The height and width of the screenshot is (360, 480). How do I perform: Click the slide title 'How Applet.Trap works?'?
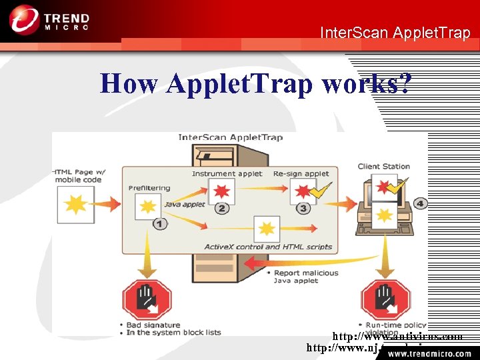[256, 84]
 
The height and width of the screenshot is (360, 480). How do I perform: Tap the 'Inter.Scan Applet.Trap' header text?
[395, 32]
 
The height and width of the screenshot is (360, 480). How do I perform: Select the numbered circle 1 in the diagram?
[160, 224]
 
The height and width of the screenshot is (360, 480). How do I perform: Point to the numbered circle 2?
[222, 208]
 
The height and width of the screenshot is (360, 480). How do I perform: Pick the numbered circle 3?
[304, 208]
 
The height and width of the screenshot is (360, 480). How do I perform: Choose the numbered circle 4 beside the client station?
[420, 203]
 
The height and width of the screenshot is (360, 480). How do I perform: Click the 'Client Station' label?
[383, 167]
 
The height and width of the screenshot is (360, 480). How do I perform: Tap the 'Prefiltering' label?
[149, 188]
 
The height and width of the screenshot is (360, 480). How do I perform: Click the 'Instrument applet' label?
[227, 174]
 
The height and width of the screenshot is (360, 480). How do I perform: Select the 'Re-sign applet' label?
[301, 174]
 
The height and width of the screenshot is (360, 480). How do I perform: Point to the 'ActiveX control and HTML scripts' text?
[268, 247]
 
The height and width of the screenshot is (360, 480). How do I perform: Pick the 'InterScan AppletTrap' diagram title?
[230, 137]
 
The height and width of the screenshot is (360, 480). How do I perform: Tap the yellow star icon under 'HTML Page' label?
[75, 204]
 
